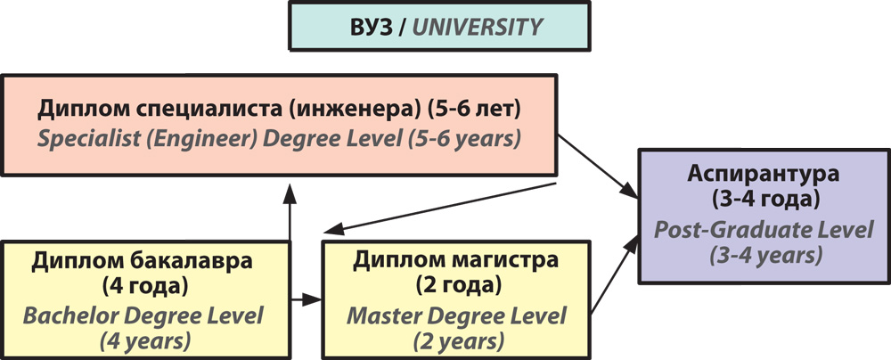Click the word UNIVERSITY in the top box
pyautogui.click(x=478, y=28)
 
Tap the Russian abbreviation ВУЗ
pyautogui.click(x=371, y=28)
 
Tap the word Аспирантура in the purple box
pyautogui.click(x=764, y=174)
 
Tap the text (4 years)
pyautogui.click(x=145, y=342)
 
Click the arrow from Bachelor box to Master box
pyautogui.click(x=307, y=299)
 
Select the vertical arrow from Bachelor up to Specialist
pyautogui.click(x=290, y=212)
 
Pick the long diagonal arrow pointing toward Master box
pyautogui.click(x=439, y=208)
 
